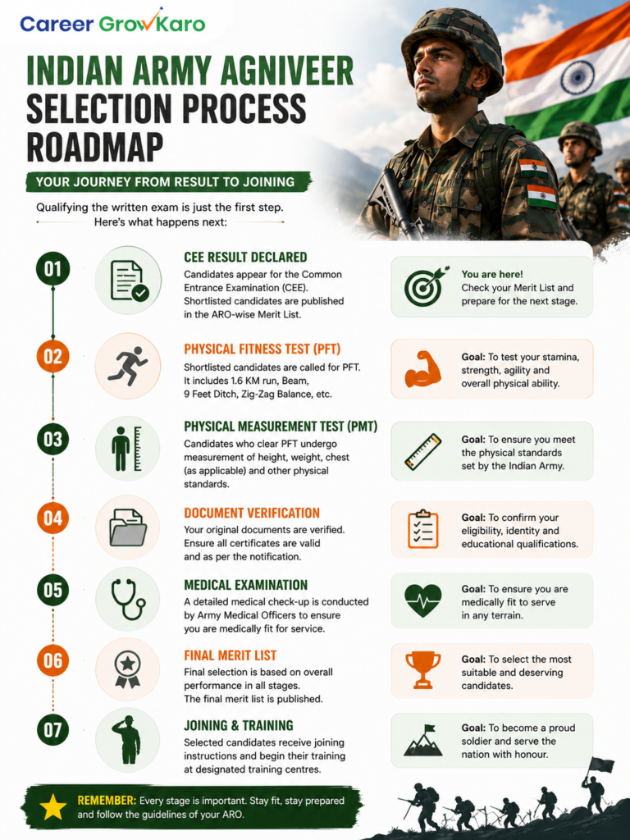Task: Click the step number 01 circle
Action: pos(53,269)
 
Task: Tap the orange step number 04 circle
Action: pos(53,518)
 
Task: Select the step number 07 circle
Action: pos(53,729)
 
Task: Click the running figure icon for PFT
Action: pos(127,363)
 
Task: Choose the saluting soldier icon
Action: pos(127,739)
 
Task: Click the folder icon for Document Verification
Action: pos(128,527)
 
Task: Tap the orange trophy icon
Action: pos(423,669)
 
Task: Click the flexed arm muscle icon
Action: pos(422,369)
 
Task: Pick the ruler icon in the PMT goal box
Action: pos(422,452)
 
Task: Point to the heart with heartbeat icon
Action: pos(423,600)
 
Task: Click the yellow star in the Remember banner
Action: pos(53,807)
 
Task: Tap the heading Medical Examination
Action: pos(246,585)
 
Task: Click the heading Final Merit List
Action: pos(231,655)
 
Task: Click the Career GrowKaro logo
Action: pos(112,22)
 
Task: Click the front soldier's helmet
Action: pos(451,51)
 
